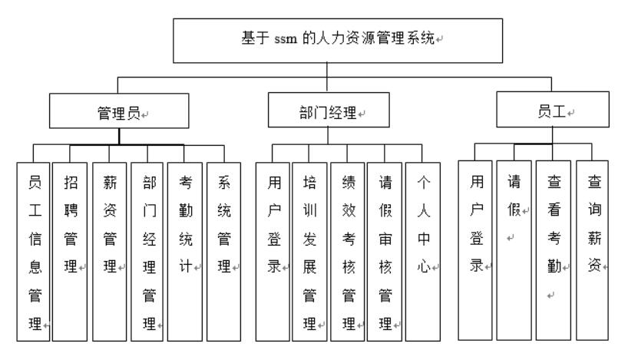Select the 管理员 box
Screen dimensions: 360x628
(118, 112)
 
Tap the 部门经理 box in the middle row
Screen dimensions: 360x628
(328, 112)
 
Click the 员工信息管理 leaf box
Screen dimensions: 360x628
(33, 250)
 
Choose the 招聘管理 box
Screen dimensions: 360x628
(70, 250)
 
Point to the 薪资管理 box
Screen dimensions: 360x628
(109, 250)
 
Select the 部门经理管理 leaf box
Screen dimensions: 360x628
(147, 250)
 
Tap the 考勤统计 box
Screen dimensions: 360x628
(185, 250)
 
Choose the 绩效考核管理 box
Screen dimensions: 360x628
(347, 250)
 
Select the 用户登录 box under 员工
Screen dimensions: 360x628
(476, 249)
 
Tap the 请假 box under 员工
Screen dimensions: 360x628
(514, 249)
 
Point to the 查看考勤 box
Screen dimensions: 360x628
(554, 249)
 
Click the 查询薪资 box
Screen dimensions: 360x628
(593, 249)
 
